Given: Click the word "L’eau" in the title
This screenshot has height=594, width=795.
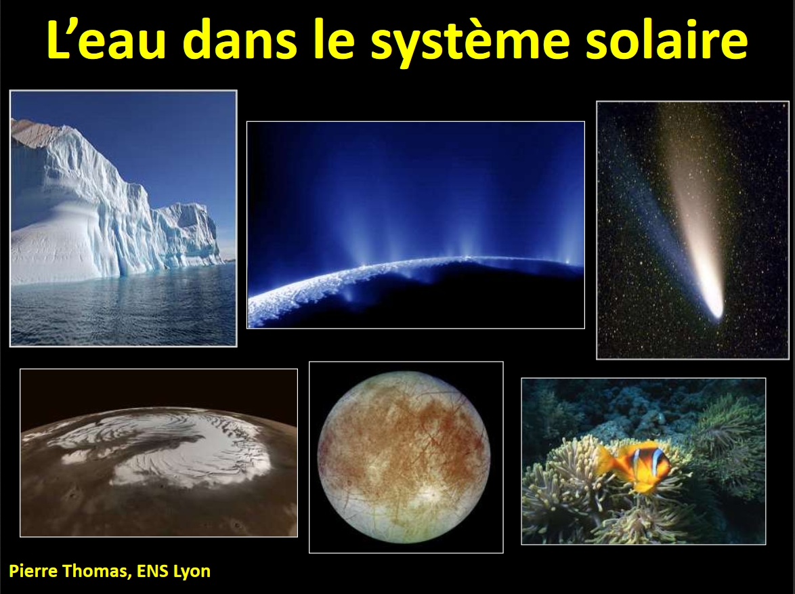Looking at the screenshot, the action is point(106,40).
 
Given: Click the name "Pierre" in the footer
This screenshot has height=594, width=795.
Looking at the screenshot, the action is point(33,571).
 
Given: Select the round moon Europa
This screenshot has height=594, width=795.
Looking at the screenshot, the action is point(404,457).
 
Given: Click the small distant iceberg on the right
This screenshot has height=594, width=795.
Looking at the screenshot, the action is point(190,234).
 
